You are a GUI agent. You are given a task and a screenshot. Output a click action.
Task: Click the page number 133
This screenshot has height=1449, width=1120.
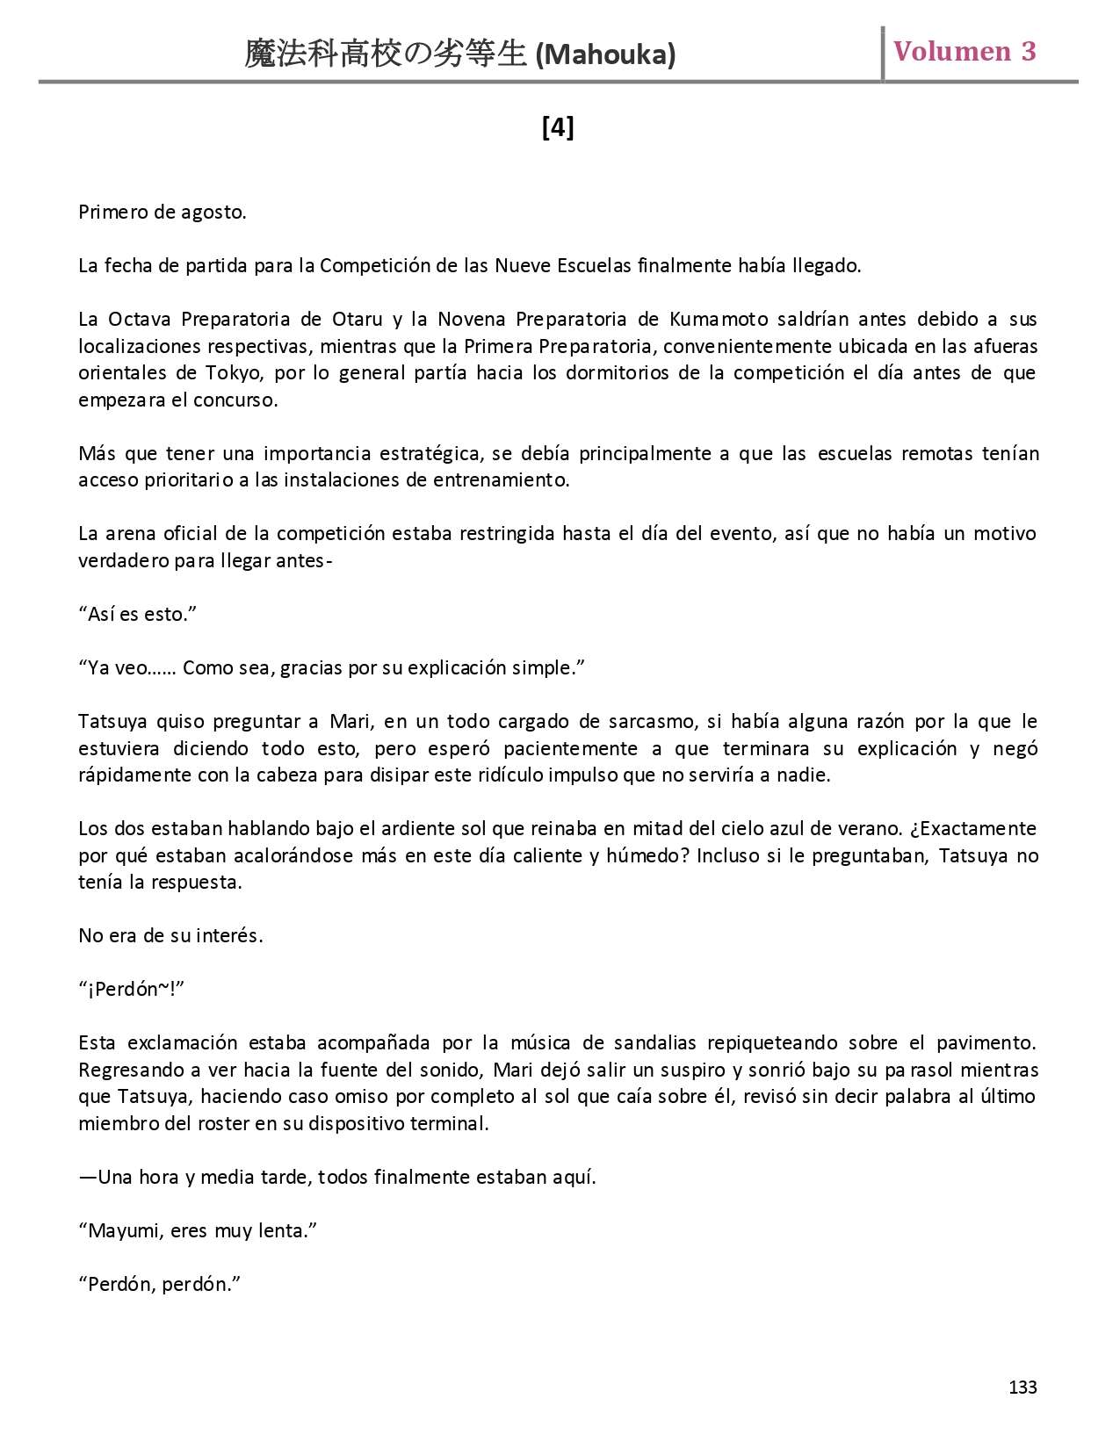pyautogui.click(x=1022, y=1387)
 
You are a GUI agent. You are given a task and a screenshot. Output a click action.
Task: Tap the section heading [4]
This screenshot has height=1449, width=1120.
pyautogui.click(x=558, y=128)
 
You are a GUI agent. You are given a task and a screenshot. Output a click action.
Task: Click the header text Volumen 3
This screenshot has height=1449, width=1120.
pyautogui.click(x=965, y=52)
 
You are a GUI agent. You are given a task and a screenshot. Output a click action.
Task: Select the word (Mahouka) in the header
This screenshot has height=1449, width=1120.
pyautogui.click(x=605, y=55)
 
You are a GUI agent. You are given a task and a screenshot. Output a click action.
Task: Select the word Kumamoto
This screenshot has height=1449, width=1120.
pyautogui.click(x=719, y=319)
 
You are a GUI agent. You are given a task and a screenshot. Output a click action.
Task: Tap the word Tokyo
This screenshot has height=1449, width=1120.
pyautogui.click(x=234, y=372)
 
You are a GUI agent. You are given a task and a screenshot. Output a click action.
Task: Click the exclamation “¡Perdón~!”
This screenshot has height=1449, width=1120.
pyautogui.click(x=132, y=989)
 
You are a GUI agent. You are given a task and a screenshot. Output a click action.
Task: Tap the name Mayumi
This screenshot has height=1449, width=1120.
pyautogui.click(x=124, y=1230)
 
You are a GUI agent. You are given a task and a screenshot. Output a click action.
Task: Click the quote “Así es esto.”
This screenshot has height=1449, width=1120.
pyautogui.click(x=137, y=614)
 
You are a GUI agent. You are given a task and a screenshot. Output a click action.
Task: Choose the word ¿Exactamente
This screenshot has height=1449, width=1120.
pyautogui.click(x=972, y=828)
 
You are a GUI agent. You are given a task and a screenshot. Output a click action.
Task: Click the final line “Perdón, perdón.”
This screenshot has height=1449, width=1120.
pyautogui.click(x=160, y=1284)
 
